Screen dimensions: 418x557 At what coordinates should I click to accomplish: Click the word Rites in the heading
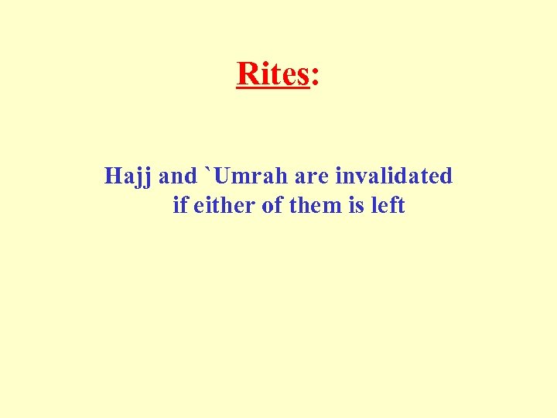pos(273,74)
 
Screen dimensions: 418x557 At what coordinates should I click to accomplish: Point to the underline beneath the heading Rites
pos(273,88)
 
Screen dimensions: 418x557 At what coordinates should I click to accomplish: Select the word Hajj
pos(128,177)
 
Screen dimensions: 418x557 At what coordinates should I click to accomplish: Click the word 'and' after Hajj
pos(178,176)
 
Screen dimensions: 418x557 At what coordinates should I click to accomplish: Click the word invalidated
pos(394,176)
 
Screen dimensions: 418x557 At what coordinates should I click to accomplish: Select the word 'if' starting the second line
pos(180,206)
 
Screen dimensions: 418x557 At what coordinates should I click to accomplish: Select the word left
pos(388,206)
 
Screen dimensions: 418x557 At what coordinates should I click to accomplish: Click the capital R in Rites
pos(247,74)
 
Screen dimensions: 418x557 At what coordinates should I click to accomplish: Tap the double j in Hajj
pos(144,179)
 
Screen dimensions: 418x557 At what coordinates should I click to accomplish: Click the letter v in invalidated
pos(359,178)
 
